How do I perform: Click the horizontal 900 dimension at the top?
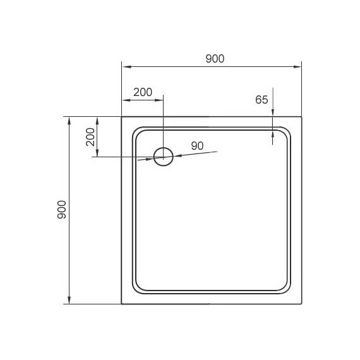(x=215, y=59)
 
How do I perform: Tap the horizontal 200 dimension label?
(x=143, y=92)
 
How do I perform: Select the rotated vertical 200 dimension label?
(x=90, y=136)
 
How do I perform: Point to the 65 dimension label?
(x=262, y=99)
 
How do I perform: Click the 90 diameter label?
(x=197, y=145)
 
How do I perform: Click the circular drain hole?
(x=164, y=157)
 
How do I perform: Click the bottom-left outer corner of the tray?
(x=122, y=304)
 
